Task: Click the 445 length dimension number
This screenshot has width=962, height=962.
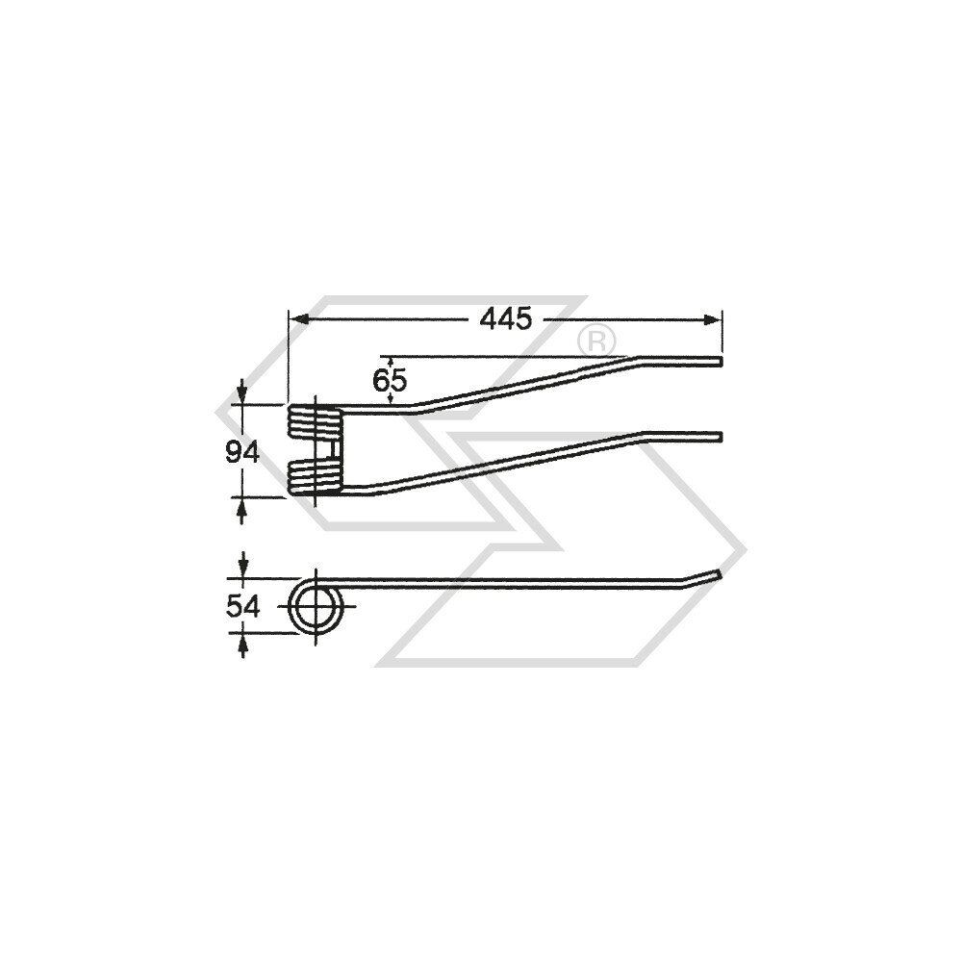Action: click(x=506, y=319)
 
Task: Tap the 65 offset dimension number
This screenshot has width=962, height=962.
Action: click(x=390, y=381)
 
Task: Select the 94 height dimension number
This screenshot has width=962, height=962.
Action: click(x=242, y=453)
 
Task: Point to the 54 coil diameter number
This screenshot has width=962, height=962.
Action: click(x=243, y=607)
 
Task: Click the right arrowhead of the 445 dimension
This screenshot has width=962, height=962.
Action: click(x=713, y=319)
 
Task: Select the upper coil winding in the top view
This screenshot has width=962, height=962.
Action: click(x=315, y=421)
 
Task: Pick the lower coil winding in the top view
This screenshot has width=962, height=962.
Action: click(x=315, y=477)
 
